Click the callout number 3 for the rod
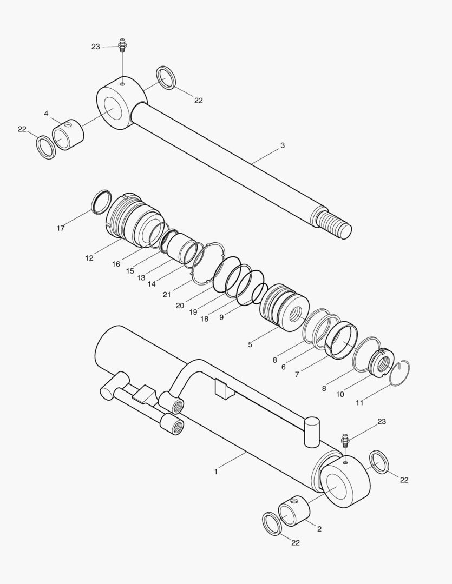click(283, 145)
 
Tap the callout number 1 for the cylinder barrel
click(216, 472)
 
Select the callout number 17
click(61, 228)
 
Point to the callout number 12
click(89, 258)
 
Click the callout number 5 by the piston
click(250, 344)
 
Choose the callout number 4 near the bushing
click(46, 114)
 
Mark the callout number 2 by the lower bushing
click(319, 529)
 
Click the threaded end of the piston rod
click(335, 224)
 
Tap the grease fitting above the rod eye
click(122, 45)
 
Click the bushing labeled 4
click(68, 135)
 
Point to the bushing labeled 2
click(294, 510)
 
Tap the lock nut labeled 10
click(381, 363)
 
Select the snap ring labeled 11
click(400, 373)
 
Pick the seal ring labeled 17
click(101, 201)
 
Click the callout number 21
click(167, 294)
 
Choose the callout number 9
click(221, 318)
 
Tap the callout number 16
click(116, 264)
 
